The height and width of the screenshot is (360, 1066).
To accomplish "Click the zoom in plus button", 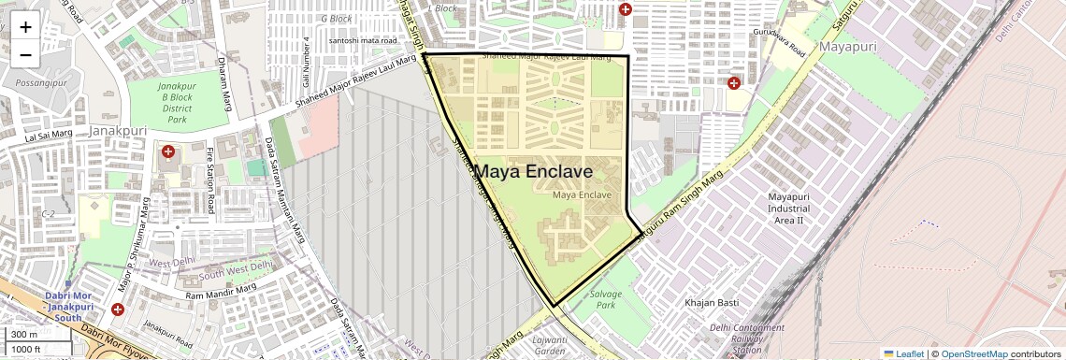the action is point(25,26).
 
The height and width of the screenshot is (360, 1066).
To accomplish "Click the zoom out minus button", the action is point(25,54).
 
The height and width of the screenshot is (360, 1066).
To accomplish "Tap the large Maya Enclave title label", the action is point(533,172).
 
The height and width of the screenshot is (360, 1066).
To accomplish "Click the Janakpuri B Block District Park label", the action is point(177,103).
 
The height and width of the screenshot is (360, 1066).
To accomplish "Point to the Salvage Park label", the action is point(605,299).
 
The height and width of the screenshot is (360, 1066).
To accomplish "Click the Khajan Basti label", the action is point(713,303).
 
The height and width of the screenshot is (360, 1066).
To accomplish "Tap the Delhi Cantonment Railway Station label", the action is point(746,339).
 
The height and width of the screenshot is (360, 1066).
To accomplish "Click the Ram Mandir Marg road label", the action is point(221,295).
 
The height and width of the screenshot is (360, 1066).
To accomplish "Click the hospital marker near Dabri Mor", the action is point(117,310).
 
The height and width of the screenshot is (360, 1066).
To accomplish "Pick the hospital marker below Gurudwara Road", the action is point(734,82).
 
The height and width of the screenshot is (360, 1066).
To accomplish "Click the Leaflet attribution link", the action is point(903,354).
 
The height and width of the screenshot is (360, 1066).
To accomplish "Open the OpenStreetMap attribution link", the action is point(973,354).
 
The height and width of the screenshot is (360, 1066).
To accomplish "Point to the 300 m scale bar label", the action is point(24,335).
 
